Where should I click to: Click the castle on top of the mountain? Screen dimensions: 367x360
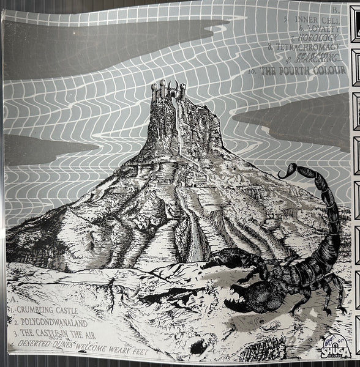168,98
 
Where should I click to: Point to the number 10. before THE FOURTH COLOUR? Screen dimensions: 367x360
252,73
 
